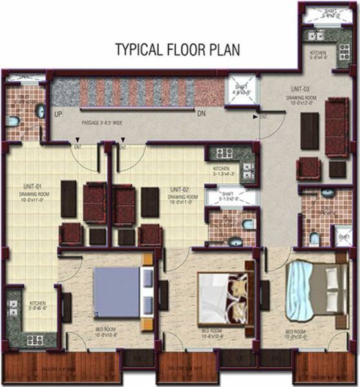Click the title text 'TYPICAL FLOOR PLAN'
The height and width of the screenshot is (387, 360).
pos(178,50)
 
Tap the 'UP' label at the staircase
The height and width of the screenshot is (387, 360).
pos(58,114)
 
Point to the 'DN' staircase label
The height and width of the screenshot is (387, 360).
pos(201,114)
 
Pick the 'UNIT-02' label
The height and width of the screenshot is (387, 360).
pos(179,189)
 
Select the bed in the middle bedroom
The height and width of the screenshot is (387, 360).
pos(222,297)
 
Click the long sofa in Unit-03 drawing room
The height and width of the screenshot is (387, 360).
pos(335,127)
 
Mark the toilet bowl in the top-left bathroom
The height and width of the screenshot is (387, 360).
pos(14,121)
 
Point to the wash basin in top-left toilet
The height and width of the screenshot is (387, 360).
pos(39,112)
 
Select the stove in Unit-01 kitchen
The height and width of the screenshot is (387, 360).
pos(34,339)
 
